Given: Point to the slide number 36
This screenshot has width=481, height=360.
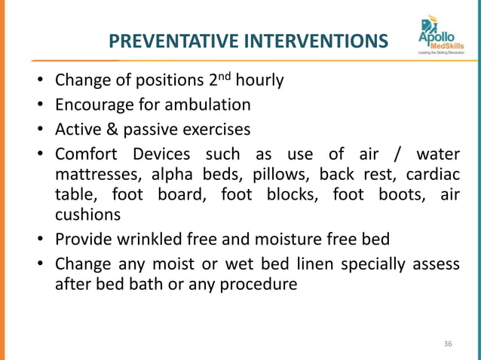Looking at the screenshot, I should [448, 344].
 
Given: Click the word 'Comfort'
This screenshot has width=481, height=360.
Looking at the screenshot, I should [85, 154].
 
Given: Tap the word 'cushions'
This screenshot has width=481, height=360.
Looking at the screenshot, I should [87, 215].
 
